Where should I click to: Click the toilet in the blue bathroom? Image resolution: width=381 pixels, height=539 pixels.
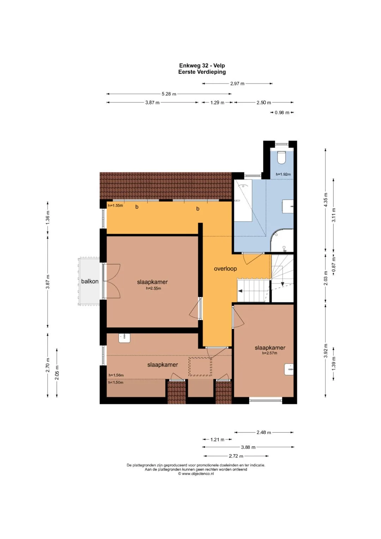281,157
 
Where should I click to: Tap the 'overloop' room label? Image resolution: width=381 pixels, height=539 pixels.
225,269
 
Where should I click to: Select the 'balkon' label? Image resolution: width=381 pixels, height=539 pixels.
90,281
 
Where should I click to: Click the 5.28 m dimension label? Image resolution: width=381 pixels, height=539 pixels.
169,94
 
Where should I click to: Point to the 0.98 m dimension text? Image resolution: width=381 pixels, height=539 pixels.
282,113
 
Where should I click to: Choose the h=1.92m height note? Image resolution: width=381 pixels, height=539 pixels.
283,174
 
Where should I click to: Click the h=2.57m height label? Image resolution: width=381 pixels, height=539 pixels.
270,353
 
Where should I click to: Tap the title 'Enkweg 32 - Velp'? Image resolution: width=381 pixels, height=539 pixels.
202,65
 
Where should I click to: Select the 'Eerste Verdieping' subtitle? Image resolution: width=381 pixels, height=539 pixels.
202,72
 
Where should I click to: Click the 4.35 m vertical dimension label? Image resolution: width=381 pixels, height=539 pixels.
326,200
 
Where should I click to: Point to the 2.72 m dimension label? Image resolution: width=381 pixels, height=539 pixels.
236,456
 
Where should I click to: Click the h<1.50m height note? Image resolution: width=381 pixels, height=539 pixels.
116,382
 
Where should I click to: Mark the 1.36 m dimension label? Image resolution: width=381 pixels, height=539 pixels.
48,218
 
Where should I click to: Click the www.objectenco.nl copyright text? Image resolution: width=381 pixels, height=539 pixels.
196,474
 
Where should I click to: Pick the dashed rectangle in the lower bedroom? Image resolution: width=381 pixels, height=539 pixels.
200,367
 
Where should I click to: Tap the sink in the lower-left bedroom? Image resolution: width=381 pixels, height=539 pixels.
124,338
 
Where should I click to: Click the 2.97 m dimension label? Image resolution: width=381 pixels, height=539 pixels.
237,84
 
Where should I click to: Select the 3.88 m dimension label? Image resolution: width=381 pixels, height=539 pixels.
248,447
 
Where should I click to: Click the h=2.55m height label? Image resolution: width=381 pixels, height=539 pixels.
153,288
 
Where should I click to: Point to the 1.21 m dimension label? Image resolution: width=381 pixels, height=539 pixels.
217,439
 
